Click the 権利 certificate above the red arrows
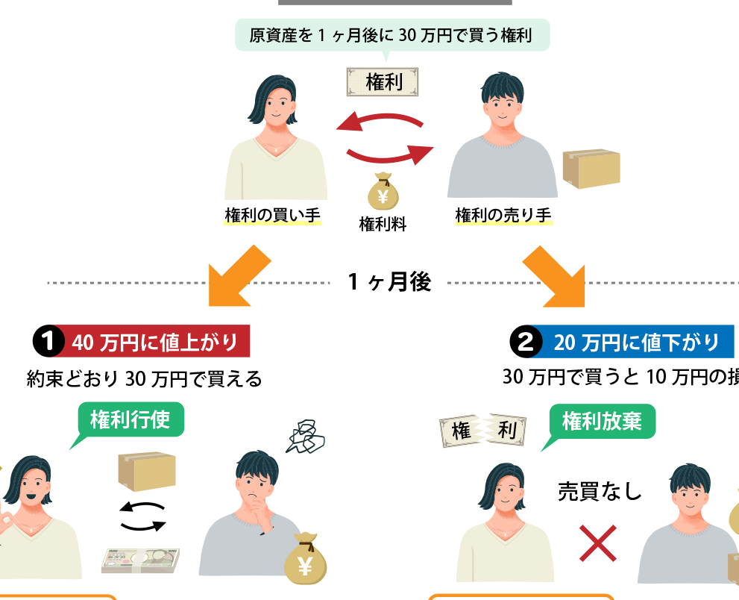pos(383,82)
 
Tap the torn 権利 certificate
pos(483,430)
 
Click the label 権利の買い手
pos(272,215)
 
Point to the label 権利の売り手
pos(503,215)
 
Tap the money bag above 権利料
pos(383,191)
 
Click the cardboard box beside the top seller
pos(591,169)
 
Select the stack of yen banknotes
pos(140,560)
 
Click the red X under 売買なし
pos(597,543)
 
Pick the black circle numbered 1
pos(48,341)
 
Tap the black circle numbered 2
pos(526,342)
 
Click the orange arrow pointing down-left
pos(238,278)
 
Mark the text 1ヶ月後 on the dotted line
pos(389,282)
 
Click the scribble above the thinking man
pos(306,437)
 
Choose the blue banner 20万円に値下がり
pos(636,342)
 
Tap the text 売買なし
pos(600,491)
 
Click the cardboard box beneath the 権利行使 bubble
pos(147,472)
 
